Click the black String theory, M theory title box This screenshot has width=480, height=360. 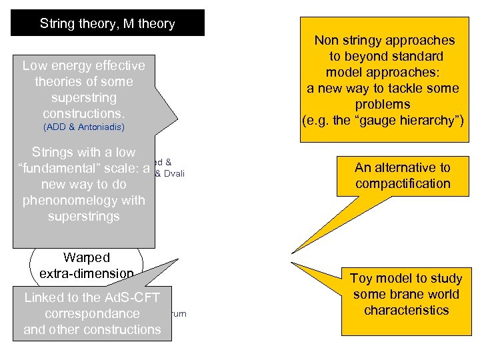(x=107, y=23)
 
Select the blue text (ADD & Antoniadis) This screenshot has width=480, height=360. (x=84, y=127)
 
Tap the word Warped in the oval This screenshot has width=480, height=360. (x=87, y=257)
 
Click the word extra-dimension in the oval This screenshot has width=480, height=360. (x=87, y=273)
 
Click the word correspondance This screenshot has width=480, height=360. (x=92, y=313)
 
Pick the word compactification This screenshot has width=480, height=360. (x=403, y=183)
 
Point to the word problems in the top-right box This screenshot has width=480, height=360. (x=382, y=105)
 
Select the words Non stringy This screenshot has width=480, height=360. (x=351, y=41)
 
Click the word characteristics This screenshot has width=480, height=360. (x=406, y=310)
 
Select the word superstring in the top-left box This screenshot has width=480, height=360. (x=84, y=97)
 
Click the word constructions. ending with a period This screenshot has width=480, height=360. (x=84, y=113)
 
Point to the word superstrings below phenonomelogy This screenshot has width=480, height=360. (x=84, y=216)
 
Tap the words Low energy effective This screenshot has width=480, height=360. (x=84, y=65)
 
